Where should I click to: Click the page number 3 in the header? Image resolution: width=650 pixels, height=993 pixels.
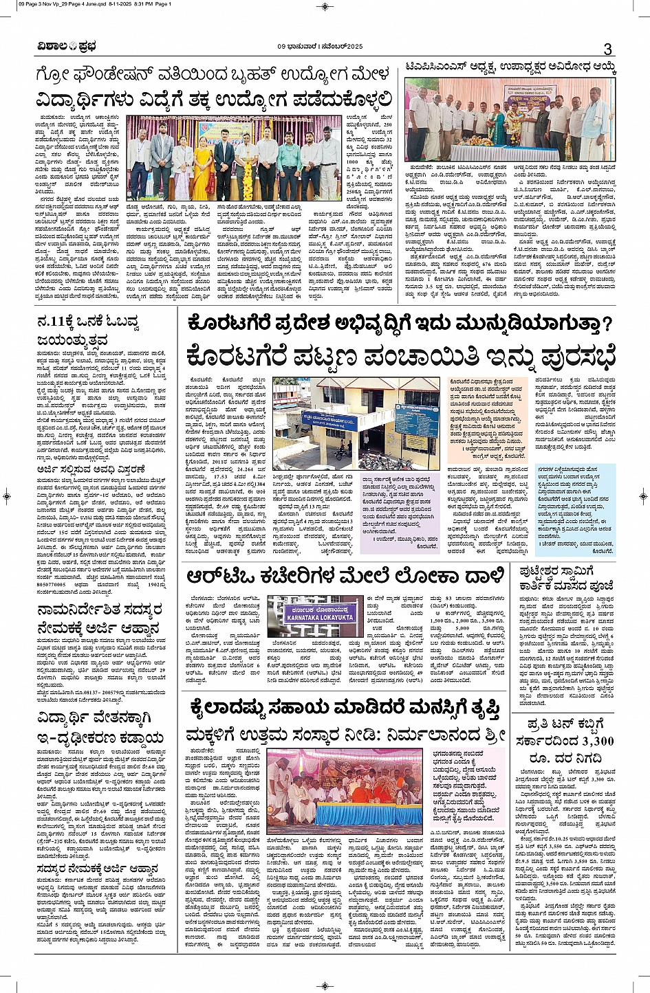pyautogui.click(x=607, y=49)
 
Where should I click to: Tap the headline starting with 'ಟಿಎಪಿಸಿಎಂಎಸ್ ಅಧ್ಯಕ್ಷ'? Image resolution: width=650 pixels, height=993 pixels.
pyautogui.click(x=510, y=68)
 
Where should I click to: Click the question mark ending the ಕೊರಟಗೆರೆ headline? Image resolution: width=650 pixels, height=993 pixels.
pyautogui.click(x=605, y=324)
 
